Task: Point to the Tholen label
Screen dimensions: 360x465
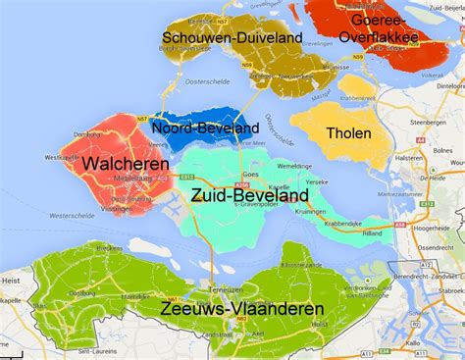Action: click(348, 133)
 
